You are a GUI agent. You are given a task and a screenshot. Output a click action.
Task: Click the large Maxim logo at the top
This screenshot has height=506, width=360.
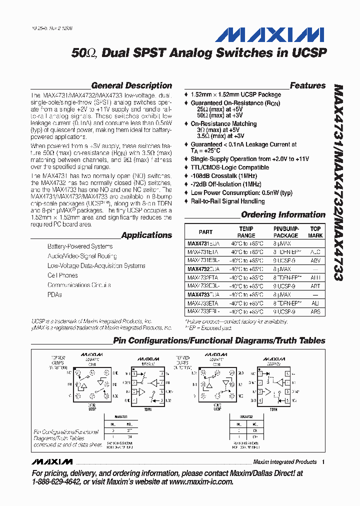point(269,35)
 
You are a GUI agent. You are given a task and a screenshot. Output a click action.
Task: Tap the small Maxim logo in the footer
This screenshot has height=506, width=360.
point(52,461)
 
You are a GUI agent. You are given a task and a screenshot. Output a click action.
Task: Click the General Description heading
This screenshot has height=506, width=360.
point(131,85)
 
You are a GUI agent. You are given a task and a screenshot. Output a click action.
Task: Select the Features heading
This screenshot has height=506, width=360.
point(307,85)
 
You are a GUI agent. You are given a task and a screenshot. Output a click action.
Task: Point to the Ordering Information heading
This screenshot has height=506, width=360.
point(283,214)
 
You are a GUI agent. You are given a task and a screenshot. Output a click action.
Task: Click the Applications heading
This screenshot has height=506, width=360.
point(146,235)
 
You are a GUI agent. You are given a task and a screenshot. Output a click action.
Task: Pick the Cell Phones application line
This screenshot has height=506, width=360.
point(62,275)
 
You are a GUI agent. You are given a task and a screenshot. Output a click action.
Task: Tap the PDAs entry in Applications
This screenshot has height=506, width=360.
point(54,294)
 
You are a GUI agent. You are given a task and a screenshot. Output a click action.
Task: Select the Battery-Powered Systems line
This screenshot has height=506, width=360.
point(80,246)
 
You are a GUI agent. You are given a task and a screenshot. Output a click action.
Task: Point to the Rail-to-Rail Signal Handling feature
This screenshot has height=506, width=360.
point(227,201)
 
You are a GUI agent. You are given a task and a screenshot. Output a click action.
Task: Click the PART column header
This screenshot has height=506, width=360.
point(205,231)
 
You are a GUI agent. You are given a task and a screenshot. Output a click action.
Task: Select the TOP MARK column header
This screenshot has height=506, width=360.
point(315,231)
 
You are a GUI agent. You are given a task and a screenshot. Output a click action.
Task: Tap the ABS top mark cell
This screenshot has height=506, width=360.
point(315,311)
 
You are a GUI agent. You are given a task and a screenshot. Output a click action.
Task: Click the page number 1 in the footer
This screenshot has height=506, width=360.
point(323,462)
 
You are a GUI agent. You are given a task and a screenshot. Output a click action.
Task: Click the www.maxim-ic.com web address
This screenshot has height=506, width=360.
point(201,481)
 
